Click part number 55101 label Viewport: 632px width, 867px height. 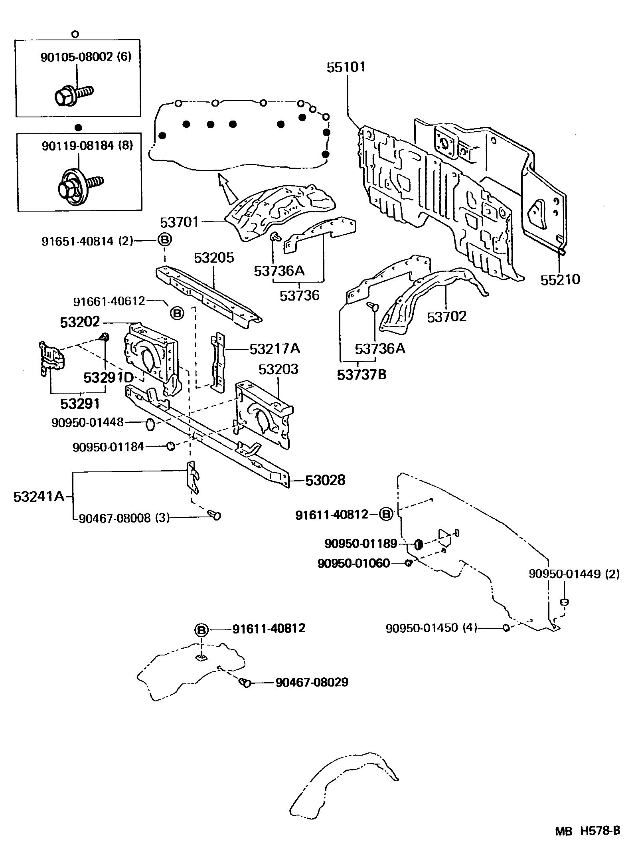tap(346, 67)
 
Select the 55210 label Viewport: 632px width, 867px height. tap(560, 279)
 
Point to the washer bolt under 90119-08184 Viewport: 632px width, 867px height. tap(78, 184)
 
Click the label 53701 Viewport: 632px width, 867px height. tap(179, 222)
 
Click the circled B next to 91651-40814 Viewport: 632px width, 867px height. tap(165, 240)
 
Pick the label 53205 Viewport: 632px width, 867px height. tap(214, 258)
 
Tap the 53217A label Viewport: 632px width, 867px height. tap(275, 349)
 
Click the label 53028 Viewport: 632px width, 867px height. tap(325, 480)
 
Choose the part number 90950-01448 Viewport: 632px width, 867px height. tap(87, 422)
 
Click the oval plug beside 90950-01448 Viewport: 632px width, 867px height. tap(150, 425)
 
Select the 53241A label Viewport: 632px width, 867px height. tap(38, 497)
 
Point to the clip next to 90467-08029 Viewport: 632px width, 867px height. tap(245, 683)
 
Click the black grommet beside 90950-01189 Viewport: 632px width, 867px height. tap(419, 544)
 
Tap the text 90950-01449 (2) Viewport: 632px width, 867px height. tap(574, 574)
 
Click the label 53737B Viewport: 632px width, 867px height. tap(361, 374)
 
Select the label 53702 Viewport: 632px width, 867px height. tap(446, 317)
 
